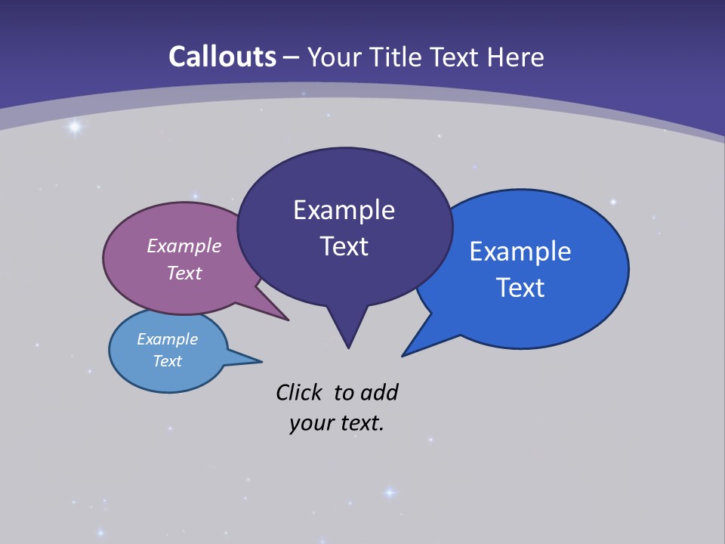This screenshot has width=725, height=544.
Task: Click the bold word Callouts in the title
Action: point(222,57)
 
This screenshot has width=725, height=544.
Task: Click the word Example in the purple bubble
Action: point(184,246)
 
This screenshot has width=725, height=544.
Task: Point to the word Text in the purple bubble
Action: point(184,273)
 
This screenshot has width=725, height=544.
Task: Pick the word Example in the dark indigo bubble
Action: point(344,210)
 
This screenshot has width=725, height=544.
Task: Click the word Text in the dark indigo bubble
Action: point(344,246)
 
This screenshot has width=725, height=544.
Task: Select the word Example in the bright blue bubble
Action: point(520,252)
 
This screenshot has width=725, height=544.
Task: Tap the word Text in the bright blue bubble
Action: point(520,288)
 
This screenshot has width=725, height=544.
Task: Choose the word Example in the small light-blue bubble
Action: point(168,339)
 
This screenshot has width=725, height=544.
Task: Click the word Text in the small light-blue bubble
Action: point(168,361)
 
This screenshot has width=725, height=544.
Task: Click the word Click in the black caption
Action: point(299,392)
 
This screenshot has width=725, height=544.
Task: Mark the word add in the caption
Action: point(379,392)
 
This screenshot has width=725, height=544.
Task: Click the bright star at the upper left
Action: point(74,127)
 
